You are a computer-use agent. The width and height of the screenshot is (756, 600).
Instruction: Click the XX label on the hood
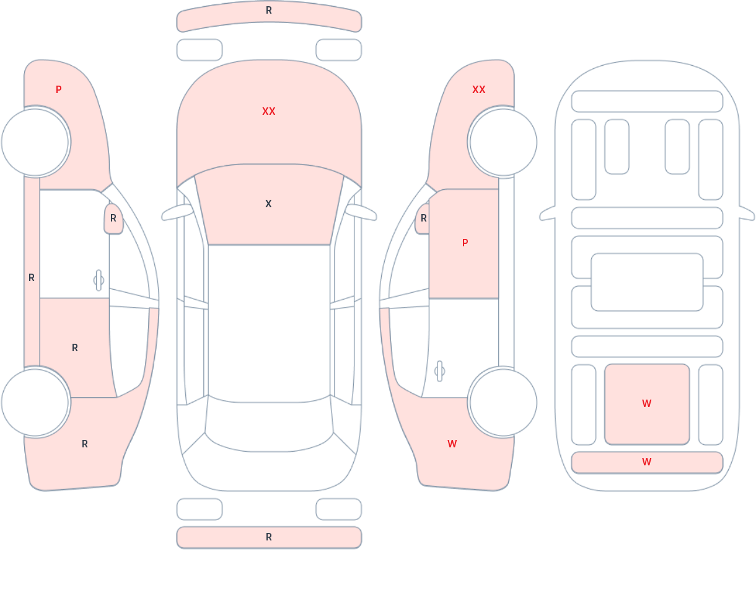point(269,112)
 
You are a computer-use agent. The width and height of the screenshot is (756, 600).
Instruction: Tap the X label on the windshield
point(268,204)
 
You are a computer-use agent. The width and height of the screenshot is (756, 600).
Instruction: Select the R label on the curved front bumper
point(269,11)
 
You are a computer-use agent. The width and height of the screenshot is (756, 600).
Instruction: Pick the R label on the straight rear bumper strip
point(269,537)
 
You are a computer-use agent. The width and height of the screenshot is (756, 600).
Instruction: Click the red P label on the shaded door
point(465,243)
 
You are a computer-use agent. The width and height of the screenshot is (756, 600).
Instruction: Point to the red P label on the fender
point(59,90)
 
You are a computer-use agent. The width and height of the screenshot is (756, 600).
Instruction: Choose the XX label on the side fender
point(479,90)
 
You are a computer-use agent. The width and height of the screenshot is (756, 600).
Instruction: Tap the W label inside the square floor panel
point(647,403)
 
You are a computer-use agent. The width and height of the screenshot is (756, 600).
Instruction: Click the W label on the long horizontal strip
point(647,462)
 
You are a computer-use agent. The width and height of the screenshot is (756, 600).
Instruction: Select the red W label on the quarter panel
point(452,444)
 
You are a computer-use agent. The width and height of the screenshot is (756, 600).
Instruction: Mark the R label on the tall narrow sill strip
point(32,278)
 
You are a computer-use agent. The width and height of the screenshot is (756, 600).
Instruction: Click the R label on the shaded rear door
point(75,348)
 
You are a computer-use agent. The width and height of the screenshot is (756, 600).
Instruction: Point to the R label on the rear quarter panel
point(85,444)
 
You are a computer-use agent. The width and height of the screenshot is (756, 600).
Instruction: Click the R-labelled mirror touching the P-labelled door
point(422,218)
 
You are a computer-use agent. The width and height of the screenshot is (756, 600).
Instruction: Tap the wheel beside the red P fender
point(35,141)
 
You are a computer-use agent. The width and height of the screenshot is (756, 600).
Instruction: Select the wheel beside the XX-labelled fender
point(503,141)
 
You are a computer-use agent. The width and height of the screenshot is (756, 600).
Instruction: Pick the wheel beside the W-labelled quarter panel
point(503,402)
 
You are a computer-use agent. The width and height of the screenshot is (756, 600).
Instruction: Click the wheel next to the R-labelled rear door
point(35,402)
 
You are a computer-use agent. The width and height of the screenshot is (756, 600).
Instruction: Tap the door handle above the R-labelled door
point(99,280)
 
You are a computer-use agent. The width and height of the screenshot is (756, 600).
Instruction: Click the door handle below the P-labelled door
point(439,371)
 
